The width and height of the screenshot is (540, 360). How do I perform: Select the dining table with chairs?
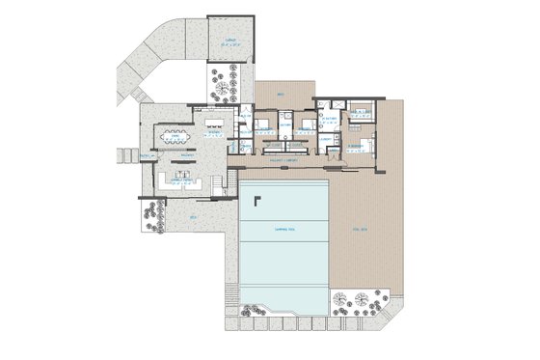176,137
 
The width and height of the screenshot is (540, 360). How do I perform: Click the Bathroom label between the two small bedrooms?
286,125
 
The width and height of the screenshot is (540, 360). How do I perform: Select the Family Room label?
179,181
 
